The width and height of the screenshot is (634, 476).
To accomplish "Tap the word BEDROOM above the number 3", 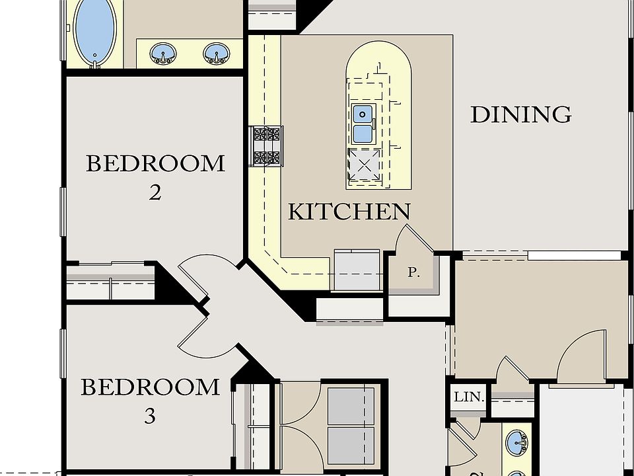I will pyautogui.click(x=150, y=387).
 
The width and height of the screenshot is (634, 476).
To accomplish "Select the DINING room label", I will pyautogui.click(x=520, y=114).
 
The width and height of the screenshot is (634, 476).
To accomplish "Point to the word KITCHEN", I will pyautogui.click(x=349, y=212).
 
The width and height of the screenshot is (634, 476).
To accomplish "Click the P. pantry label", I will pyautogui.click(x=414, y=272).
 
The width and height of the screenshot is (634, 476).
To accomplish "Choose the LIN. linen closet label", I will pyautogui.click(x=469, y=398).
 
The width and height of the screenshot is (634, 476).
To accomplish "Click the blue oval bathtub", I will pyautogui.click(x=95, y=31).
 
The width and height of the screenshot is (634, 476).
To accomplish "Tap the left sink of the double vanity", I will pyautogui.click(x=162, y=52).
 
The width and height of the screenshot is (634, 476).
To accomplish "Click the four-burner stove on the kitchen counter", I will pyautogui.click(x=267, y=146).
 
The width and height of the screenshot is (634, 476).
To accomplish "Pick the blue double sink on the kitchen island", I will pyautogui.click(x=363, y=124).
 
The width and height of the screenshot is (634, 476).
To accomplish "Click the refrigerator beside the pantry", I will pyautogui.click(x=357, y=270).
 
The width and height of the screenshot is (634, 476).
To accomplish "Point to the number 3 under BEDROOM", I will pyautogui.click(x=150, y=416).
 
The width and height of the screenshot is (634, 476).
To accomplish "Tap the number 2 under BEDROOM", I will pyautogui.click(x=155, y=193).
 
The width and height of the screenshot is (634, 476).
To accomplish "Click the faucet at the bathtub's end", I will pyautogui.click(x=95, y=63).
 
